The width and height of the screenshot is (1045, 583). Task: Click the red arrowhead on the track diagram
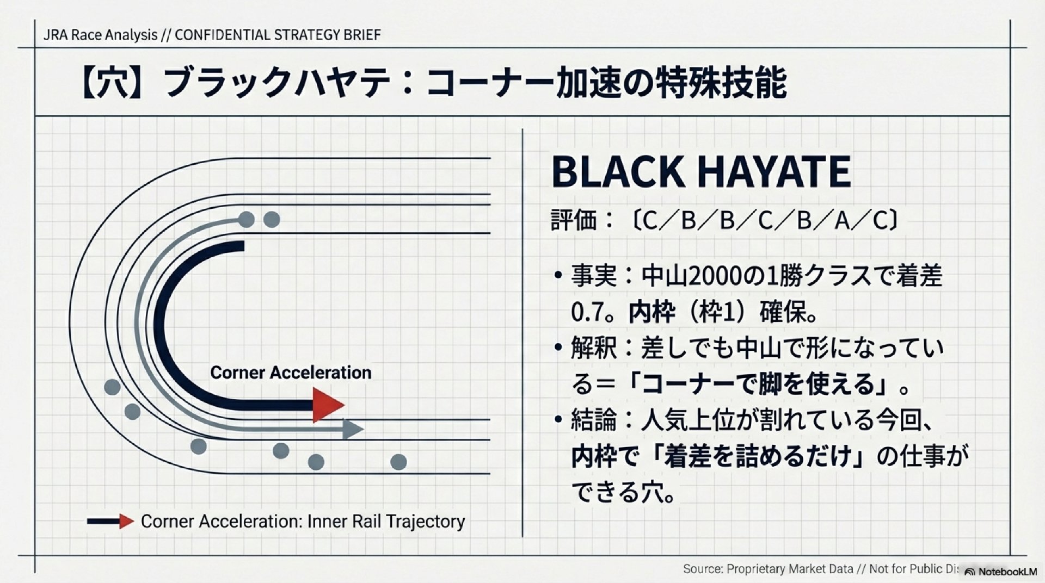[x=328, y=405]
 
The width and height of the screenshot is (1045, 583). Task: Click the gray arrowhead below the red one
[x=353, y=429]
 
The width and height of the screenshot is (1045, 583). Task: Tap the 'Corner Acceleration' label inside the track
[x=291, y=373]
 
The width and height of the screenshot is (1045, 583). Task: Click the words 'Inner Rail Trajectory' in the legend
[x=386, y=521]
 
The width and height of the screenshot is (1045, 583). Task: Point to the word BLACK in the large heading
[x=618, y=172]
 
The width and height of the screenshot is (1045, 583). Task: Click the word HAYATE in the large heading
[x=774, y=172]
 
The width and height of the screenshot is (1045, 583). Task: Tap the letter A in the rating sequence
[x=842, y=220]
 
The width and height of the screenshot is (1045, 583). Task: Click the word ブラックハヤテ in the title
[x=278, y=83]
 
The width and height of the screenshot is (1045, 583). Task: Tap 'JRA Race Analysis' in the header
[x=100, y=35]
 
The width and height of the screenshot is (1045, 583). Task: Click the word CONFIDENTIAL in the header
[x=223, y=35]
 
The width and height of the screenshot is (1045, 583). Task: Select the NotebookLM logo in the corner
[x=1000, y=572]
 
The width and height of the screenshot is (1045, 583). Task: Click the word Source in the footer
[x=703, y=569]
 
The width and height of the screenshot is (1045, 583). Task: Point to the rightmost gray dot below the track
[x=399, y=462]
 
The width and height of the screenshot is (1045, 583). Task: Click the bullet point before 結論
[x=557, y=420]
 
